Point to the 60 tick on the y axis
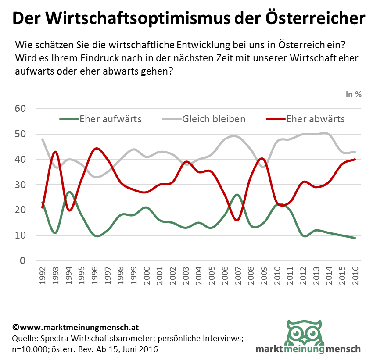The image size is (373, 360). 21,109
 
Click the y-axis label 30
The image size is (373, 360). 21,185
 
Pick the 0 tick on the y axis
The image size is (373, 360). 23,261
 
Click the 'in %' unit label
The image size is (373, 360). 354,94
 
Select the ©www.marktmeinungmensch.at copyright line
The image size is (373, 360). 76,328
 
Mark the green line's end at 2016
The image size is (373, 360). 355,238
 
